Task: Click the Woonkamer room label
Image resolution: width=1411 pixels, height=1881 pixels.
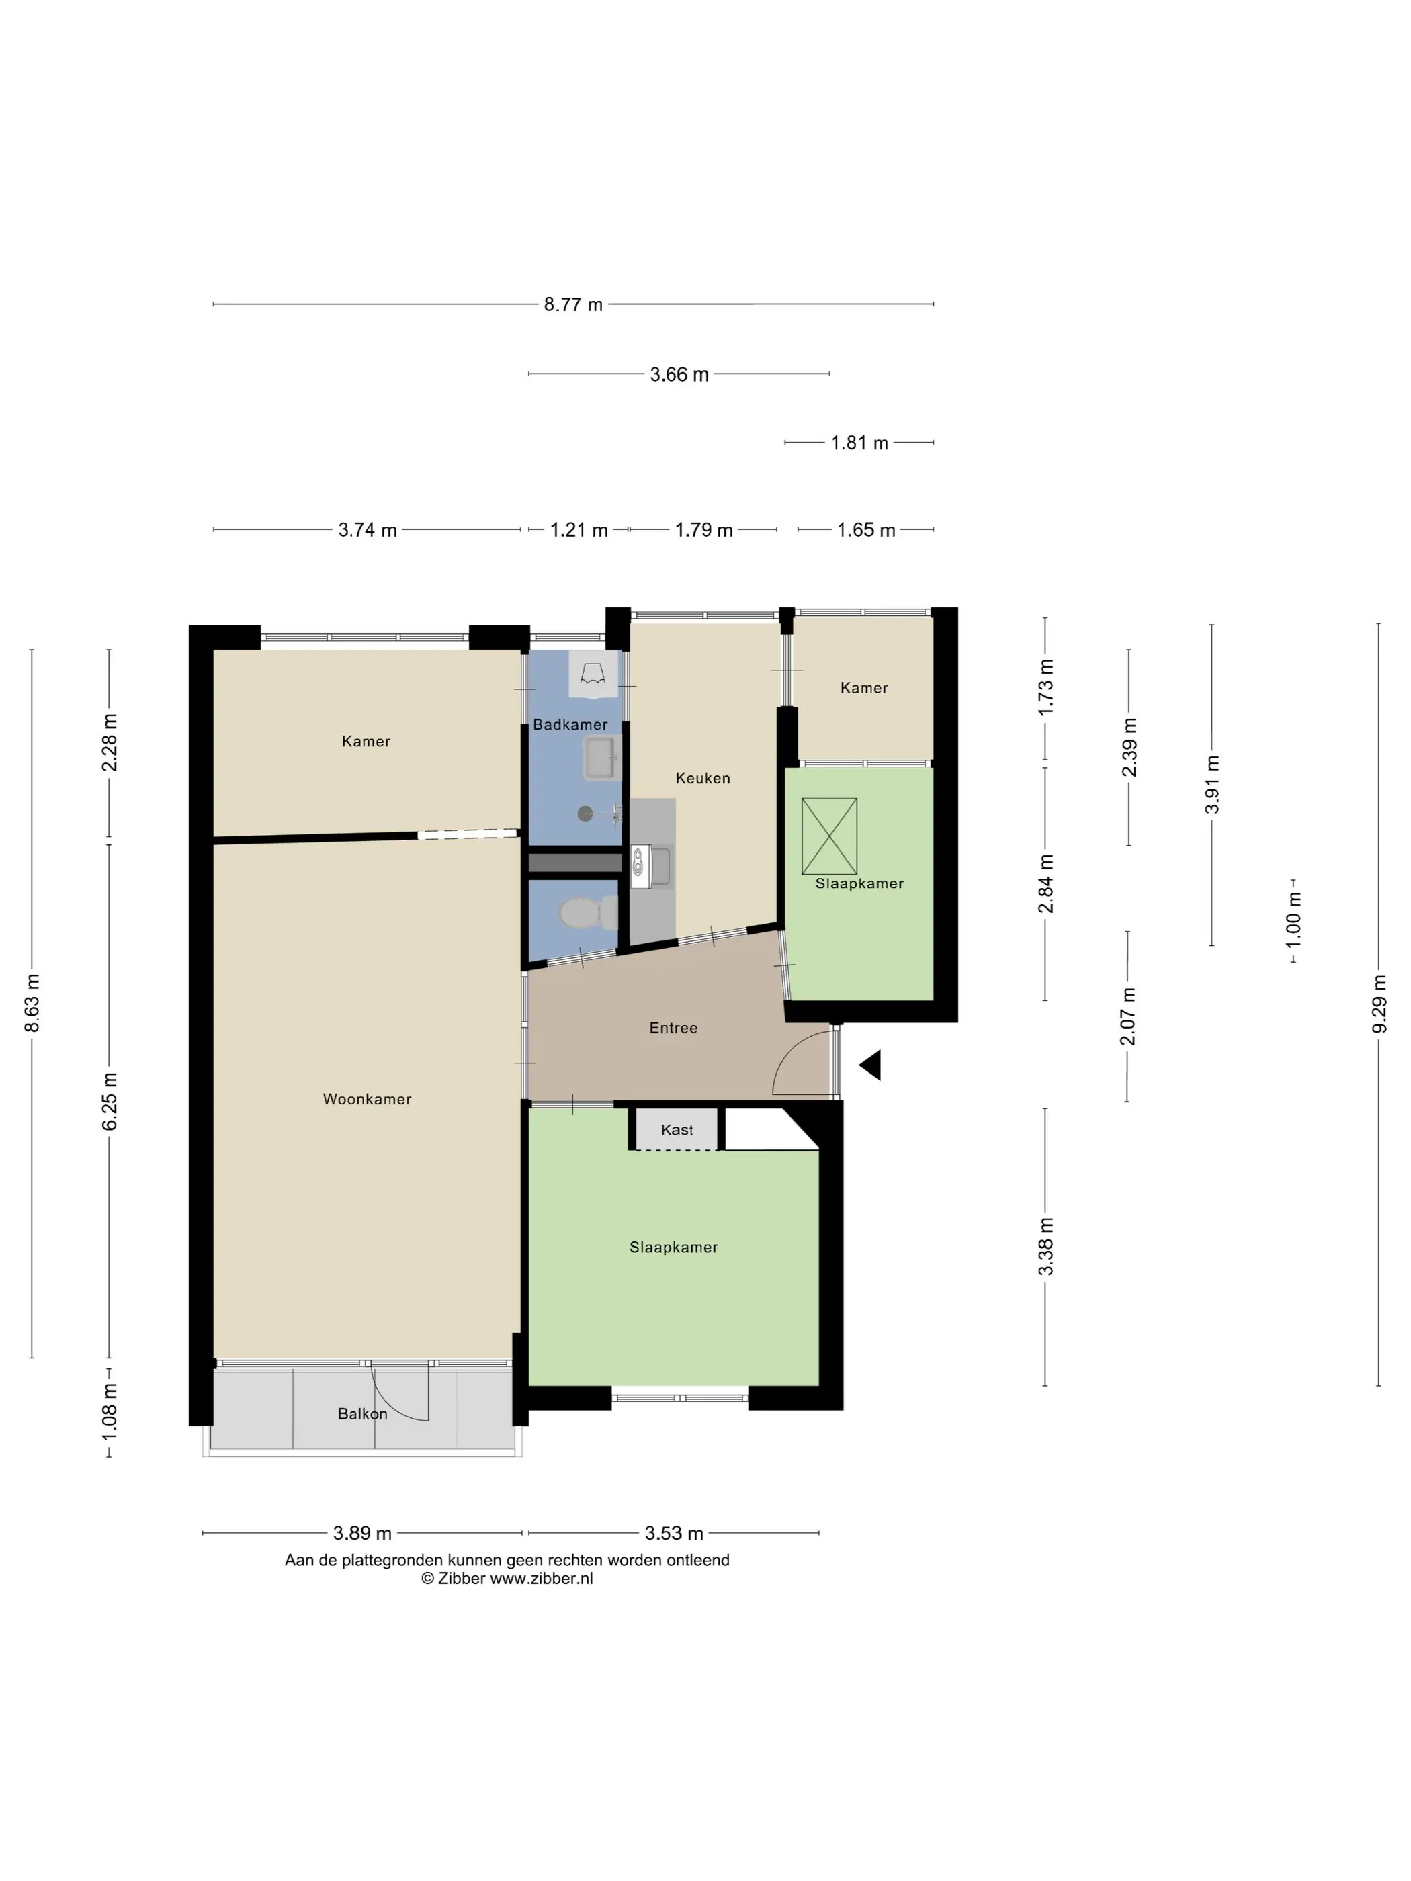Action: click(367, 1100)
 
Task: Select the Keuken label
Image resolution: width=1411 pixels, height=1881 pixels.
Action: click(703, 778)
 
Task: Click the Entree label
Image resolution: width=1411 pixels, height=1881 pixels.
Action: click(673, 1028)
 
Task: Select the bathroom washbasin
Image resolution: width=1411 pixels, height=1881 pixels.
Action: click(601, 758)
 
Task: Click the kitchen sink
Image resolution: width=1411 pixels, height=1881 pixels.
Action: click(650, 867)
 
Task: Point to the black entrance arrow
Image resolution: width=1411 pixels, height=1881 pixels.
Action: click(870, 1065)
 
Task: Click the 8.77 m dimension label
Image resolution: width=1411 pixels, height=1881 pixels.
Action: click(572, 304)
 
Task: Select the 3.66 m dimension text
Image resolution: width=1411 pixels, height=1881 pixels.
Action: click(679, 374)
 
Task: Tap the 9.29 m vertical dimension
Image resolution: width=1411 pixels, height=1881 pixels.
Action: click(1379, 1004)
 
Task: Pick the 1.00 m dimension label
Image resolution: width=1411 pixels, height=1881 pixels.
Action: click(1293, 920)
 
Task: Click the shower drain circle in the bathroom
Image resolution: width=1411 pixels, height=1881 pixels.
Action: click(585, 814)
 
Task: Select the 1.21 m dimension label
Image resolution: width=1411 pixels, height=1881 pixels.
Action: click(579, 530)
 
